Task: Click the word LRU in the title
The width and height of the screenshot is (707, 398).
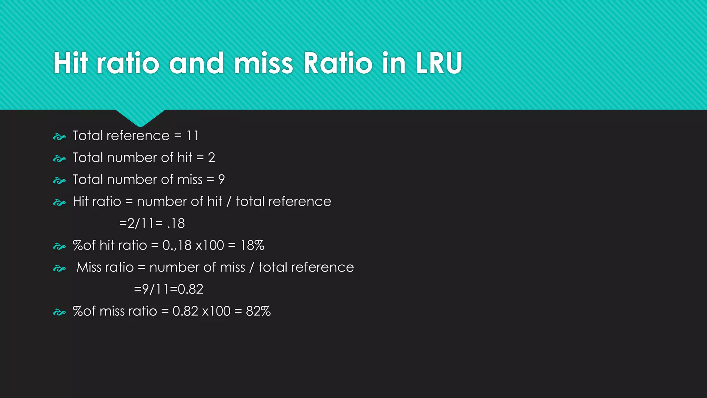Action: [439, 63]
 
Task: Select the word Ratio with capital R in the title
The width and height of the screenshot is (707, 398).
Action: [338, 63]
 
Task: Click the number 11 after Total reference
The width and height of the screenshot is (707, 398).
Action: [193, 136]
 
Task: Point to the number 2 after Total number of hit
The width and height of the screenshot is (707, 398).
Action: [211, 158]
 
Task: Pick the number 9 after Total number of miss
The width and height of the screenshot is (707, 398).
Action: [221, 180]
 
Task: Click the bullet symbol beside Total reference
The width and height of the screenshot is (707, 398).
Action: [59, 137]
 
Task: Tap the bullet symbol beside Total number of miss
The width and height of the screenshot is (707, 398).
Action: [59, 181]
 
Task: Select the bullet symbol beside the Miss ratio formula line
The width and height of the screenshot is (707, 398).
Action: [59, 268]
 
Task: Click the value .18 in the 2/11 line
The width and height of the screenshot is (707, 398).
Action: [176, 224]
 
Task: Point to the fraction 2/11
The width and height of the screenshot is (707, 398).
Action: [140, 224]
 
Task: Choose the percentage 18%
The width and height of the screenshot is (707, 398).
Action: [252, 245]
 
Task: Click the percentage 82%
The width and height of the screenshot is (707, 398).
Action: [258, 311]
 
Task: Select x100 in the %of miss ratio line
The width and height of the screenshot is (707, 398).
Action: [216, 311]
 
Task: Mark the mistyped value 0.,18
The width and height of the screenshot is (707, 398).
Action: [177, 245]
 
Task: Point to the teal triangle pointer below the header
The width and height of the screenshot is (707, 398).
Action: [140, 117]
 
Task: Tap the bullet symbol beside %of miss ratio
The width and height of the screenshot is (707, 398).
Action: [59, 312]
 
